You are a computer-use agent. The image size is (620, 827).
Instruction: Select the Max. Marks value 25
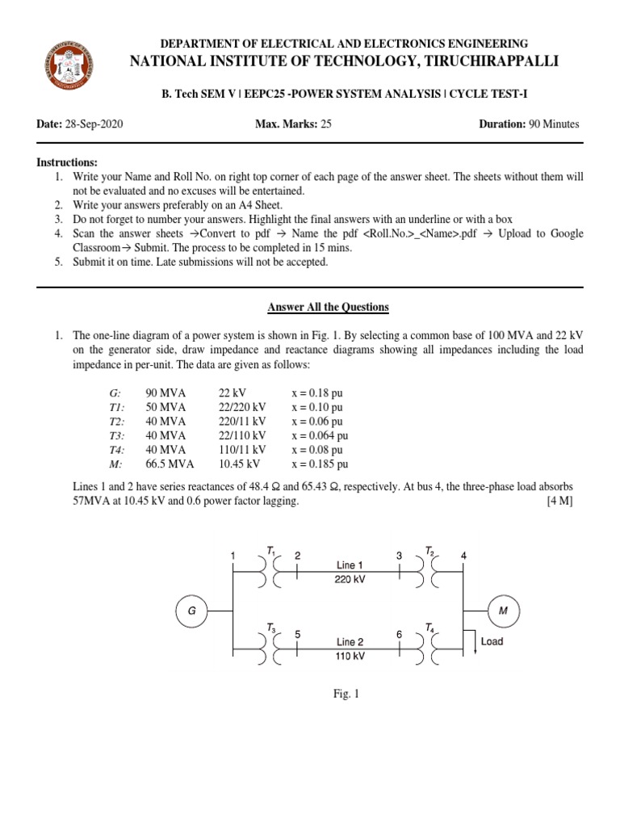(326, 124)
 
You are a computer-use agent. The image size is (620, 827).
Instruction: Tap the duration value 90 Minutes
(554, 124)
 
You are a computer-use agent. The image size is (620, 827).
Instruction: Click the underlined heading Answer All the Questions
(329, 307)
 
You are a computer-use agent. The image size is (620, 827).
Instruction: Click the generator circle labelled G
(191, 611)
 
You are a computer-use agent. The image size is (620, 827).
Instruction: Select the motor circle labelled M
(503, 611)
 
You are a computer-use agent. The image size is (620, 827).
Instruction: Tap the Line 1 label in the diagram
(350, 565)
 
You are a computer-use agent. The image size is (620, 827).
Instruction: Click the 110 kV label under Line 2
(350, 657)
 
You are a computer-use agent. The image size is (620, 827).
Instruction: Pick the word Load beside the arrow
(492, 641)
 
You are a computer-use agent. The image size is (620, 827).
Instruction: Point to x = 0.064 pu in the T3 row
(320, 435)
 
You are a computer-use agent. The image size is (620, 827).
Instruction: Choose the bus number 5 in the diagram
(298, 635)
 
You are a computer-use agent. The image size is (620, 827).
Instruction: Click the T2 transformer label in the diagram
(430, 552)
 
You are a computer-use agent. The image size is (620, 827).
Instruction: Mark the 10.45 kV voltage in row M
(239, 464)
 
